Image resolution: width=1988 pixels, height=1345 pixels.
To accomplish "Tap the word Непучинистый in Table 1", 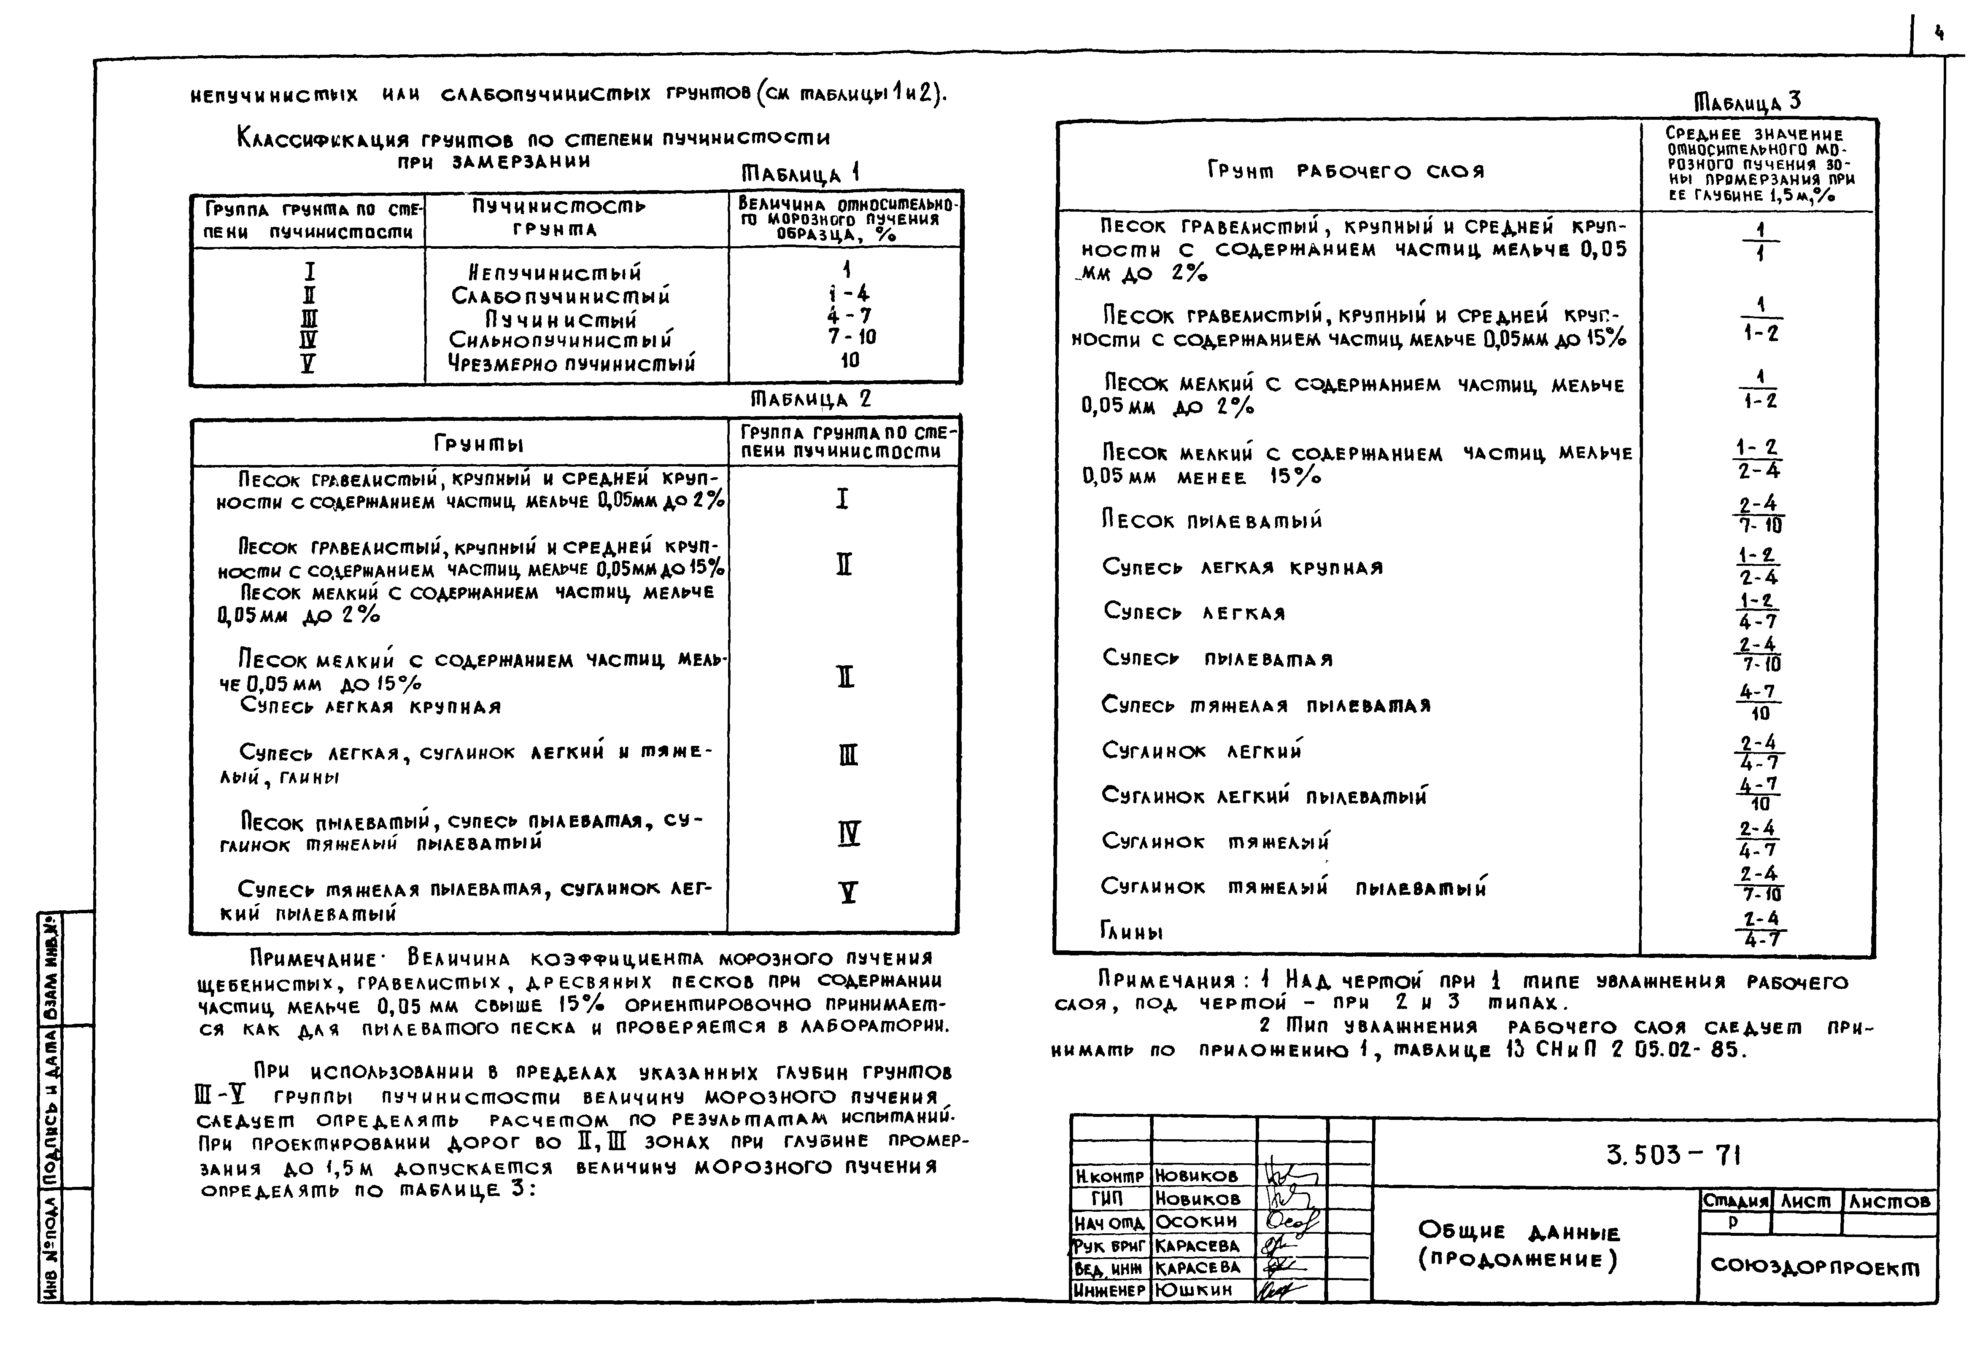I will tap(555, 274).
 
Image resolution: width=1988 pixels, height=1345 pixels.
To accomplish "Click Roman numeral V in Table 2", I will tap(848, 893).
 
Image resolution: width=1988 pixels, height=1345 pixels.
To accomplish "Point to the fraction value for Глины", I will tap(1761, 928).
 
